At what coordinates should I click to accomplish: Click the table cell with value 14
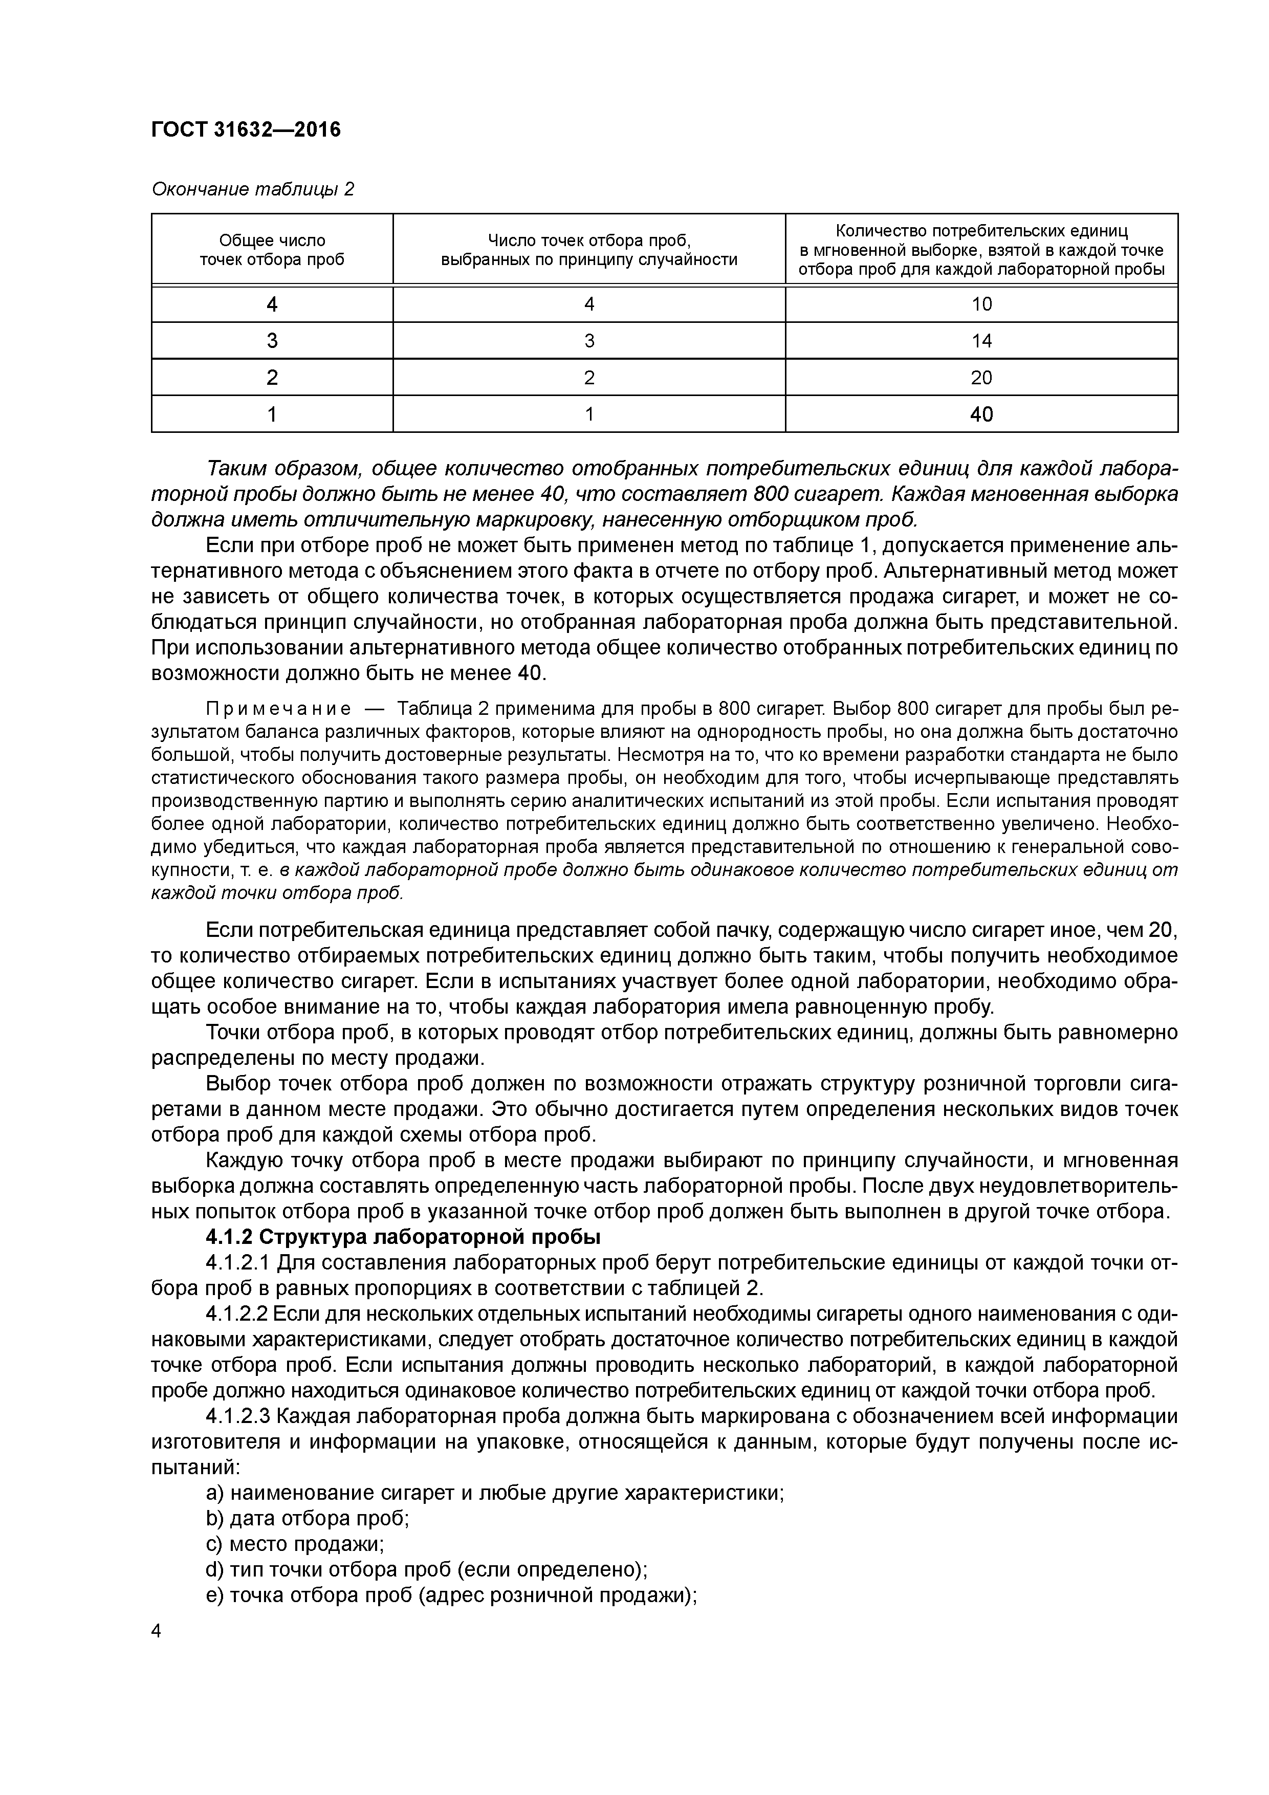(981, 341)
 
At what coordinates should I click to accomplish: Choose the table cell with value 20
(981, 378)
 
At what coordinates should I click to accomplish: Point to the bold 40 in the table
(981, 414)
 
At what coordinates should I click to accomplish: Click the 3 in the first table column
(272, 341)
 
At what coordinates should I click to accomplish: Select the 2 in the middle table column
(589, 378)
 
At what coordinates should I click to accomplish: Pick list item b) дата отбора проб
(308, 1518)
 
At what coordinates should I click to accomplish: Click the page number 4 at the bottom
(157, 1631)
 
